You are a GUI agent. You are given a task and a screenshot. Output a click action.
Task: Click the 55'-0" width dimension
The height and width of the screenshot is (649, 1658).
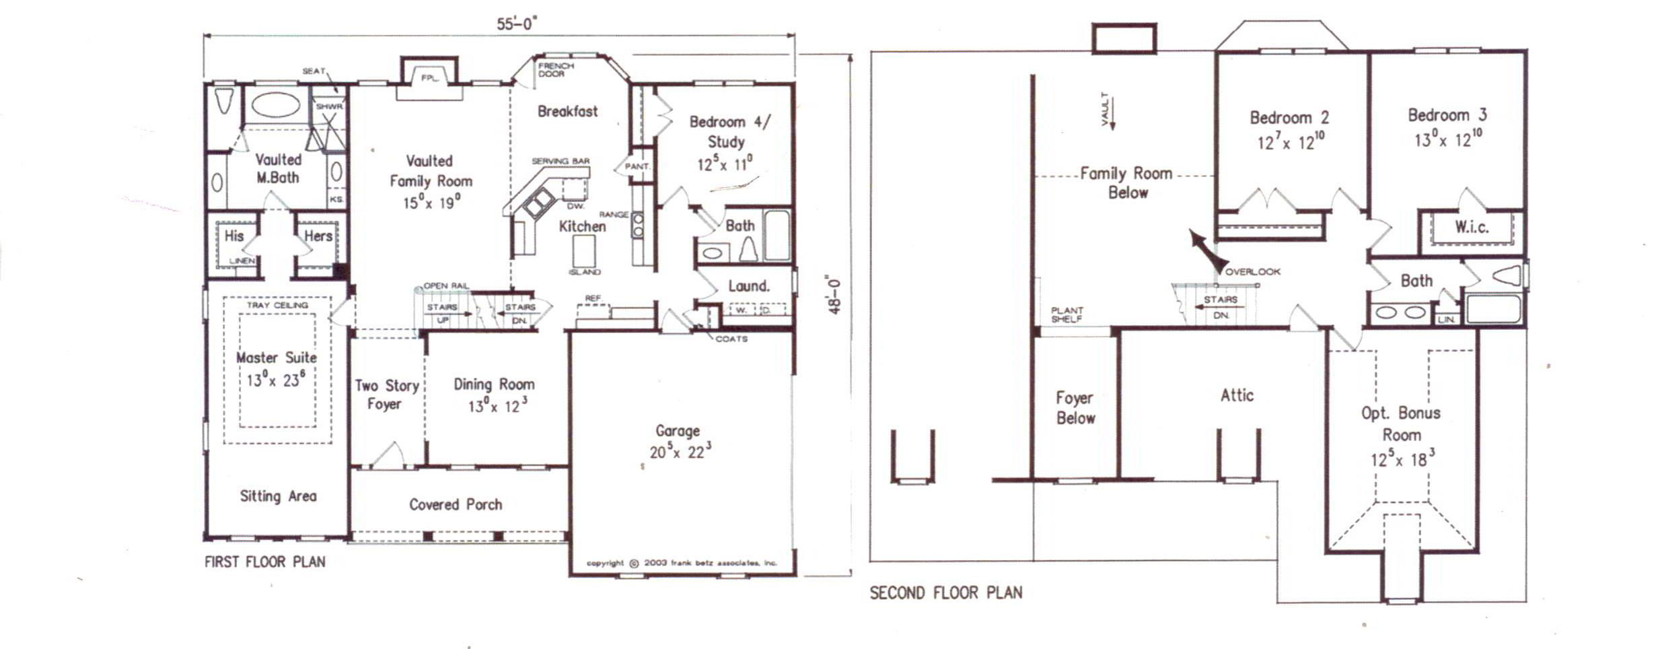(516, 24)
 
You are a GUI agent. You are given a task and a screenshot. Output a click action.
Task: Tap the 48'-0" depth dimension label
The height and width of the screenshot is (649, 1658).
(834, 295)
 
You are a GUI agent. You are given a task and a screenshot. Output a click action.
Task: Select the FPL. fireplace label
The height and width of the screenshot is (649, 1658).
(429, 78)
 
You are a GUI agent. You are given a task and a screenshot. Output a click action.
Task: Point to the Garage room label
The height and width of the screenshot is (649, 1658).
(678, 431)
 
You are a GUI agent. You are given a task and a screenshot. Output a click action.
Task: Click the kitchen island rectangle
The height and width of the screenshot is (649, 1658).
(583, 251)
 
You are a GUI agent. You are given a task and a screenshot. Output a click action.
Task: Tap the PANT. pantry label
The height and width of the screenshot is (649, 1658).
(637, 166)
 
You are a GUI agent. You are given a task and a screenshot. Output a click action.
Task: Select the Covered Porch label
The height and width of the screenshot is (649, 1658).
(456, 504)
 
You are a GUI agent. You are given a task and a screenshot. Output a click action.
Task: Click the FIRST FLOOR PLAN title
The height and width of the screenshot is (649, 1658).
(264, 561)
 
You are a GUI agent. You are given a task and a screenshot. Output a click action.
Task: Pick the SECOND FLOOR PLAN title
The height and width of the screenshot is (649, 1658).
(945, 593)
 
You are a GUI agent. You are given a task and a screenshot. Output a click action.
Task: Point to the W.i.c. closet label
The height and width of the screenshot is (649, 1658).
(1471, 227)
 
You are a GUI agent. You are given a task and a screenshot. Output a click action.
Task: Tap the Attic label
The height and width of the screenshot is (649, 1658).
(1237, 395)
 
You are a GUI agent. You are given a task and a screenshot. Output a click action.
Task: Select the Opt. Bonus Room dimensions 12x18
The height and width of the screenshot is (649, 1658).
(1402, 460)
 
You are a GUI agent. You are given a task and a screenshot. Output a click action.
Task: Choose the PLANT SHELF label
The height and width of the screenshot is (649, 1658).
(1067, 314)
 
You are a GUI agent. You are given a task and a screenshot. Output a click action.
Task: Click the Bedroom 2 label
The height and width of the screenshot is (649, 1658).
(1289, 118)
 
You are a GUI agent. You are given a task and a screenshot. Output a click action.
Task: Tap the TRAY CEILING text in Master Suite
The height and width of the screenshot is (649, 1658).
(277, 305)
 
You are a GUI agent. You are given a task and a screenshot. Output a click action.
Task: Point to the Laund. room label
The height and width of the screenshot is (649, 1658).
(748, 286)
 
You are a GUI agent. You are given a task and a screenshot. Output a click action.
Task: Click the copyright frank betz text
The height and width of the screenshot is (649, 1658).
(681, 563)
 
